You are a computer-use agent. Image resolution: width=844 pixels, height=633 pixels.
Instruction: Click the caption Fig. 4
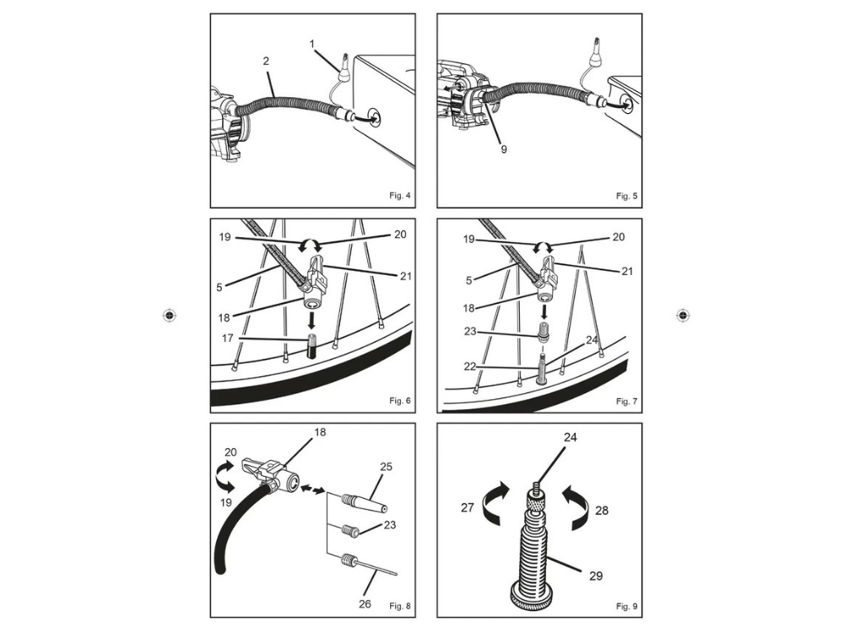(x=400, y=196)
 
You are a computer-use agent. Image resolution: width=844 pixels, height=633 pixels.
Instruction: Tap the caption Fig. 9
(x=627, y=606)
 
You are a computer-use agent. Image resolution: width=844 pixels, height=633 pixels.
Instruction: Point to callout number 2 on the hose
(x=266, y=62)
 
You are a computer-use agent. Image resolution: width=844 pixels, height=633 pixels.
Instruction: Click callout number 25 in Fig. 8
(x=387, y=466)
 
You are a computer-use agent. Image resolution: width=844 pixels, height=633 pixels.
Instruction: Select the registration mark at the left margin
(x=170, y=315)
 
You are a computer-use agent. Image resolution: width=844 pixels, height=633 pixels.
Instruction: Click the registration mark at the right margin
(x=684, y=315)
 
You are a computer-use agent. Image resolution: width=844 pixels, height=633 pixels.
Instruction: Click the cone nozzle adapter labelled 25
(x=363, y=503)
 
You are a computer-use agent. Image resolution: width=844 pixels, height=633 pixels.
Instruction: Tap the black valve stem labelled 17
(x=311, y=348)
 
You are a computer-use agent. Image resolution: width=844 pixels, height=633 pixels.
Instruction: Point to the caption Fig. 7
(x=627, y=400)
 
